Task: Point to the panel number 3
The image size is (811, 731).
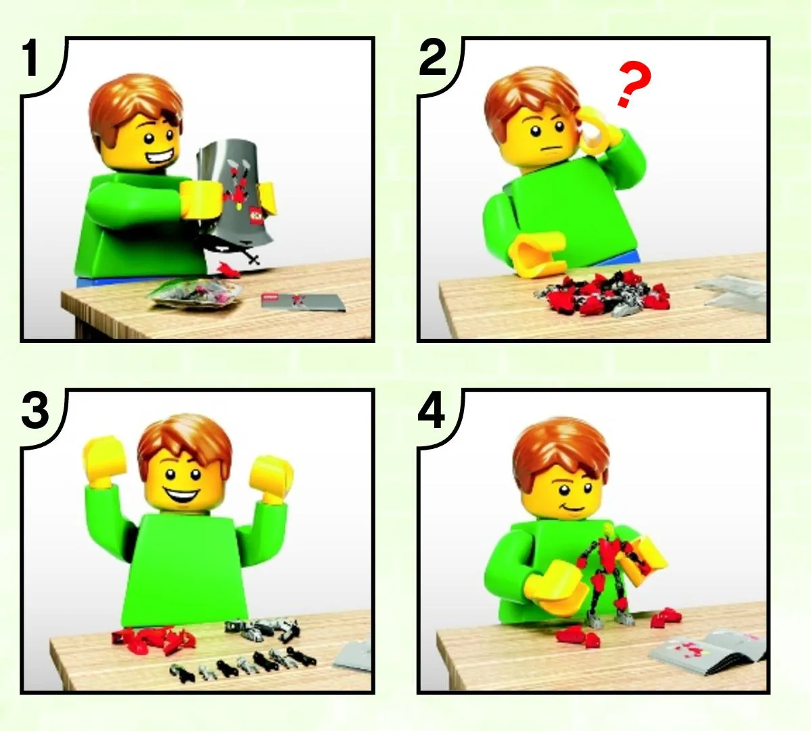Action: pos(35,412)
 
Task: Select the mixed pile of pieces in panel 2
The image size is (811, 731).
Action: pos(603,296)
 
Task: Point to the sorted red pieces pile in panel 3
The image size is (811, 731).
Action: pos(154,641)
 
